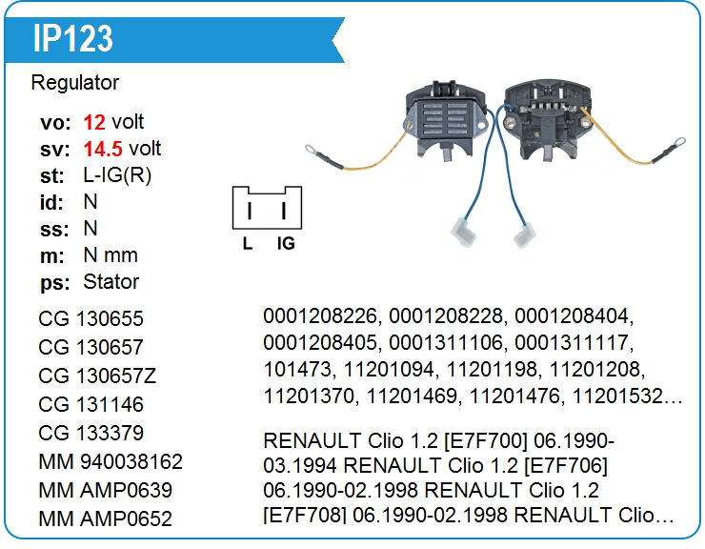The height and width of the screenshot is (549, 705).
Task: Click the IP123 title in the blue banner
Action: pos(72,38)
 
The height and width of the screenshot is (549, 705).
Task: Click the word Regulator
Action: pos(75,83)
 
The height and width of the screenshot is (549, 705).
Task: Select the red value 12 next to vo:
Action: pos(94,122)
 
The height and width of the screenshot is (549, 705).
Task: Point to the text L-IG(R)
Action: pos(117,175)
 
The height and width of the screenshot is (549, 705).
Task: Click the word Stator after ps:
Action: pos(111,282)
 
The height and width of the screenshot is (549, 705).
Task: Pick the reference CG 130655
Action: pos(91,319)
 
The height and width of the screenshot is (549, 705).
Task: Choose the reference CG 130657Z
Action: pos(97,376)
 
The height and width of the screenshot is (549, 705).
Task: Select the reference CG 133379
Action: pos(91,433)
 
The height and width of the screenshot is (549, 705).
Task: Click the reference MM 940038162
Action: pos(111,461)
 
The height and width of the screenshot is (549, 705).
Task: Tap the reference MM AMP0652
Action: pos(106,518)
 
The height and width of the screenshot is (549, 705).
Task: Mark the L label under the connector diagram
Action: pos(248,244)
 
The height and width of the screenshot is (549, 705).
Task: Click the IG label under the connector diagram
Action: pos(286,244)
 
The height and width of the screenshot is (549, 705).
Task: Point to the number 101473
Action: pos(292,368)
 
